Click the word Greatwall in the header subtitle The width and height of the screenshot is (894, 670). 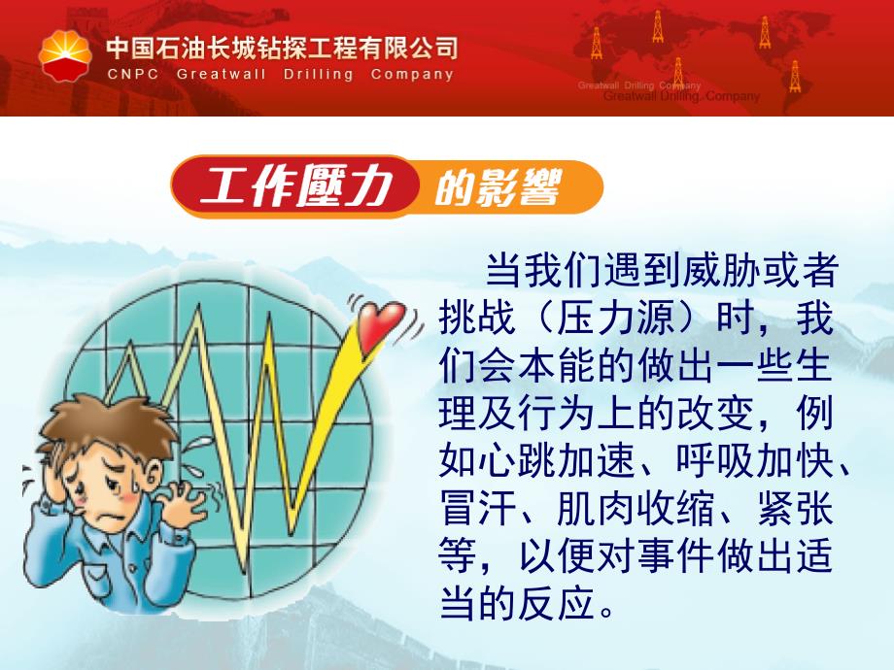coord(222,74)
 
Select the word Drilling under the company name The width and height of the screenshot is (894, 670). coord(318,75)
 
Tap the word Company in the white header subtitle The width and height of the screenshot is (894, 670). coord(412,75)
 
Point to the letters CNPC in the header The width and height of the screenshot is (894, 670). coord(133,74)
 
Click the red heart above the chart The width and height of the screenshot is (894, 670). coord(381,324)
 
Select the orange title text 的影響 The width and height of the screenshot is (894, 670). coord(498,186)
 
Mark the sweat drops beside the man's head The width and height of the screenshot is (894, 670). coord(192,455)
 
